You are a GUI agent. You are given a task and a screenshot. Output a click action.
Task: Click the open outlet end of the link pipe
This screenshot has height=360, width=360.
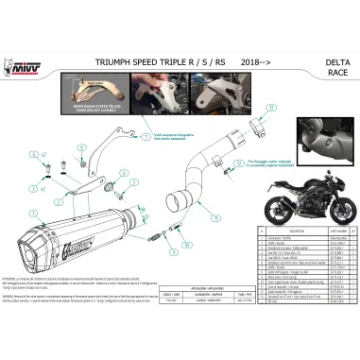[x=177, y=202]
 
